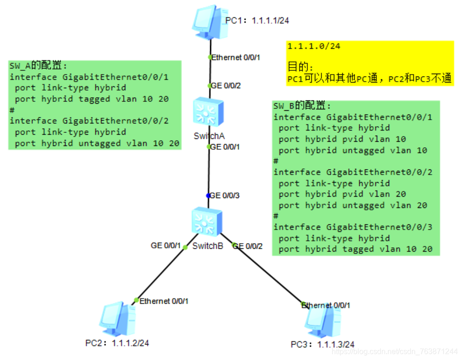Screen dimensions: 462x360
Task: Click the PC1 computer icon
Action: click(210, 22)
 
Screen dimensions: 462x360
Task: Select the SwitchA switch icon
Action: click(208, 112)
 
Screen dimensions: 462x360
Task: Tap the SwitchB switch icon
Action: click(207, 221)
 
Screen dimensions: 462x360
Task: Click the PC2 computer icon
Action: click(118, 319)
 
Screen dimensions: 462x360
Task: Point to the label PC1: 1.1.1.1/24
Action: click(257, 21)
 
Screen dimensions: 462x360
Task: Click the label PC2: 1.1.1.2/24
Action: click(117, 343)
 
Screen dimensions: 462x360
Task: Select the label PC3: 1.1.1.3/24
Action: click(322, 345)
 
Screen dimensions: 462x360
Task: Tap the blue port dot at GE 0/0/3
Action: click(208, 195)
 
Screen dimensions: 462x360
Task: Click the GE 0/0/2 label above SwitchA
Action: click(226, 85)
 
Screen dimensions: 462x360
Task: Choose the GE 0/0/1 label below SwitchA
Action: click(225, 147)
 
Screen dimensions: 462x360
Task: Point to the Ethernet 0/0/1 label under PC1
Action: click(236, 57)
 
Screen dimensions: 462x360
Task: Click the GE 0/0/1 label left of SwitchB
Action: click(166, 245)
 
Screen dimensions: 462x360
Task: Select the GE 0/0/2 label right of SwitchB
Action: click(248, 246)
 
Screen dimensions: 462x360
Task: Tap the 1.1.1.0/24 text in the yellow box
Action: click(314, 46)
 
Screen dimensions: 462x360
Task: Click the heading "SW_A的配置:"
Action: click(38, 65)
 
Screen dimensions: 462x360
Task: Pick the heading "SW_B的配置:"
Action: click(303, 106)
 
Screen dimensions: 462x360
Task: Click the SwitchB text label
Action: click(208, 246)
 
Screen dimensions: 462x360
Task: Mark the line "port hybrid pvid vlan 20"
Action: click(342, 194)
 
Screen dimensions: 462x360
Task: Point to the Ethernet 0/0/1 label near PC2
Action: click(164, 301)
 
